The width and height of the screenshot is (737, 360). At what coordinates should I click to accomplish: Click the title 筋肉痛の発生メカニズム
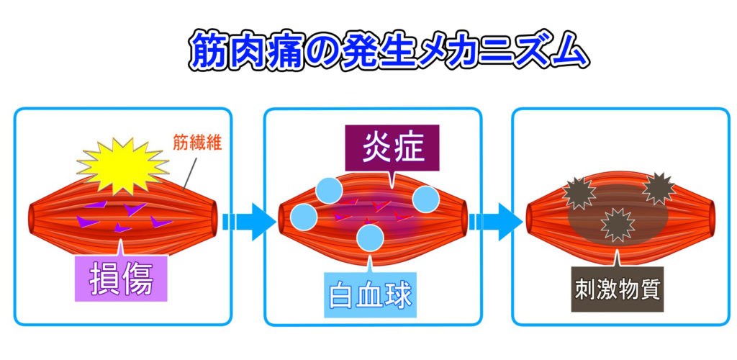pyautogui.click(x=389, y=50)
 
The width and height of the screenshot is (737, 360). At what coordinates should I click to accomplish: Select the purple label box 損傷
pyautogui.click(x=121, y=278)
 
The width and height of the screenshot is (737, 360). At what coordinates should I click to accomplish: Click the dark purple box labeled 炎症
pyautogui.click(x=392, y=148)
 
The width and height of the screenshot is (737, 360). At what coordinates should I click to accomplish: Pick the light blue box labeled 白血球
pyautogui.click(x=371, y=294)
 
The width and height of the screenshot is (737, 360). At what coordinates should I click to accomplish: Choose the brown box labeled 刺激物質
pyautogui.click(x=617, y=289)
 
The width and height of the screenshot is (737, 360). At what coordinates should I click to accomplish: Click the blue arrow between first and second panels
pyautogui.click(x=248, y=222)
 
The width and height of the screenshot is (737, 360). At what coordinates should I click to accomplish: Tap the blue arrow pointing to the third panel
pyautogui.click(x=495, y=222)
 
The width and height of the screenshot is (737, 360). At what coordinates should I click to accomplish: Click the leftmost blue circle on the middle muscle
pyautogui.click(x=304, y=217)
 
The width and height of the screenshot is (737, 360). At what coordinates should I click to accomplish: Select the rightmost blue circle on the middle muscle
pyautogui.click(x=426, y=199)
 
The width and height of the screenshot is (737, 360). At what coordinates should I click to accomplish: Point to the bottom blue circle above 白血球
pyautogui.click(x=371, y=238)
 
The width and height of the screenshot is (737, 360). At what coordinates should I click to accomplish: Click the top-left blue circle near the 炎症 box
pyautogui.click(x=330, y=190)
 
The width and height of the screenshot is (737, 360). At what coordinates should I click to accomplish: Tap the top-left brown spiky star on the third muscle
pyautogui.click(x=579, y=193)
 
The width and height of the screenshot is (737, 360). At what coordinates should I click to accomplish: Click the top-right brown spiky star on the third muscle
pyautogui.click(x=659, y=189)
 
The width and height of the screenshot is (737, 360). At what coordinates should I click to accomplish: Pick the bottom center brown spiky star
pyautogui.click(x=618, y=225)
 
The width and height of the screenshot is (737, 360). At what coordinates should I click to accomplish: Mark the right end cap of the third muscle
pyautogui.click(x=710, y=222)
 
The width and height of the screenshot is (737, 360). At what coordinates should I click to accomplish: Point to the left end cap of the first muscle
pyautogui.click(x=34, y=222)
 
